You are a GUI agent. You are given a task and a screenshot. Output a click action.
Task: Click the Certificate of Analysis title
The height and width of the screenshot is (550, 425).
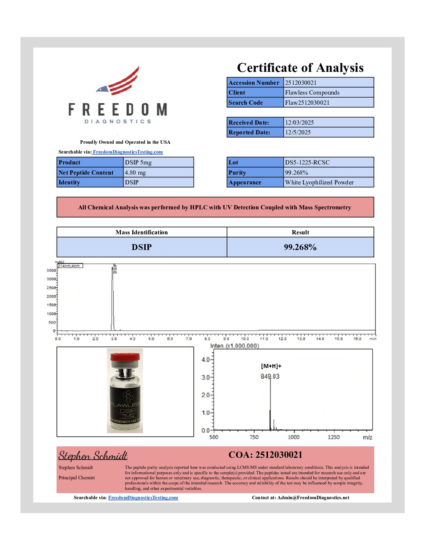tap(300, 68)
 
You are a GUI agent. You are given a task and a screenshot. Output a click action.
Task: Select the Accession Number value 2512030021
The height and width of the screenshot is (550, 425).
tap(301, 82)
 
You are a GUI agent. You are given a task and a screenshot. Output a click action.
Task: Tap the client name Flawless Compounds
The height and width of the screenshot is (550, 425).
tap(312, 93)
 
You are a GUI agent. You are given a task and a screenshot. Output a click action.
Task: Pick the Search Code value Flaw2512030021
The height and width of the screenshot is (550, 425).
tap(307, 103)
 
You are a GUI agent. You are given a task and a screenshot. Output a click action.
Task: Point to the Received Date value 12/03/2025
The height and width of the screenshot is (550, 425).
tap(299, 123)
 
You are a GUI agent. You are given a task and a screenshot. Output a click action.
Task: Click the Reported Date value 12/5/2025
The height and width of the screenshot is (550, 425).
tap(298, 132)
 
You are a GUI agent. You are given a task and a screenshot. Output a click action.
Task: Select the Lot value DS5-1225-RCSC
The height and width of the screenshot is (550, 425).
tap(307, 162)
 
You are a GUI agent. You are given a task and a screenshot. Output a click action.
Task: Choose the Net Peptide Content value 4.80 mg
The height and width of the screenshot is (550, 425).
tap(135, 173)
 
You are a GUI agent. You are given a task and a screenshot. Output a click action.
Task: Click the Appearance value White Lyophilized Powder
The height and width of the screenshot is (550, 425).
tap(319, 182)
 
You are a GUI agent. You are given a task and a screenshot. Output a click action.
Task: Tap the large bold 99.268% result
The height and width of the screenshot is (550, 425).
tap(300, 247)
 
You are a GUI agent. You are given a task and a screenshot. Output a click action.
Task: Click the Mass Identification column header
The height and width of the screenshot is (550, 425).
tap(141, 232)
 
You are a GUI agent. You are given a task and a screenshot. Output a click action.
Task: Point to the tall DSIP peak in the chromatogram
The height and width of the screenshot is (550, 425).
tap(112, 297)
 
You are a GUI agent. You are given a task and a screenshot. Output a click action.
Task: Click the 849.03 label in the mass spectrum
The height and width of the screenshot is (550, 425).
tap(270, 376)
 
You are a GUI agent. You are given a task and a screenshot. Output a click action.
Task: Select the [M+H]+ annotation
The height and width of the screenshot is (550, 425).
tap(271, 366)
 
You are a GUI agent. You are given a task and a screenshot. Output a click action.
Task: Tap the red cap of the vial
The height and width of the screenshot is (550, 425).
tap(125, 357)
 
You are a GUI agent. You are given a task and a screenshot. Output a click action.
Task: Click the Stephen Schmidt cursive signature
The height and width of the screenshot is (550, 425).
tap(93, 456)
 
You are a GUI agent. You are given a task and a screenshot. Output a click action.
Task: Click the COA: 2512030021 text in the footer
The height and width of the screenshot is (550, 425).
tap(265, 455)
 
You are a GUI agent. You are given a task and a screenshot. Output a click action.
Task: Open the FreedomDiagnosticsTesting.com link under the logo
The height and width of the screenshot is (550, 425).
tap(128, 152)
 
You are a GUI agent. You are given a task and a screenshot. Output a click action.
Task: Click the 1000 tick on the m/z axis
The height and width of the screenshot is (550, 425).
tap(293, 437)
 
